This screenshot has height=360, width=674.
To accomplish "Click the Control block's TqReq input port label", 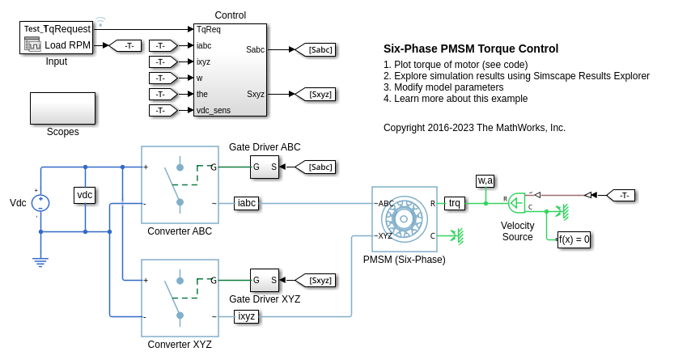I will [x=209, y=29].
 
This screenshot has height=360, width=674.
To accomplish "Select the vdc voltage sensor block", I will [x=84, y=195].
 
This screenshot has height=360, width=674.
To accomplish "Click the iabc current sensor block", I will [x=246, y=203].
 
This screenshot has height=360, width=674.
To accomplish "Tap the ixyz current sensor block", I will [x=246, y=316].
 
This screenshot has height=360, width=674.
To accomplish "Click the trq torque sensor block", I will [x=456, y=203].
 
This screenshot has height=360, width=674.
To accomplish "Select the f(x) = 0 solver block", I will [x=574, y=239].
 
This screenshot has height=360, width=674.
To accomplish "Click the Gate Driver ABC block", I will [x=265, y=167].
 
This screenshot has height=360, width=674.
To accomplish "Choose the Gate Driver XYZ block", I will [x=265, y=281].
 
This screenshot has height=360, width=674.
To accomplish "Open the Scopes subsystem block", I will [x=62, y=108].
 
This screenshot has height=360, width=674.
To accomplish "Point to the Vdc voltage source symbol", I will [x=41, y=202].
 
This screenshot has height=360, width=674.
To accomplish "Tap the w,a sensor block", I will [x=485, y=180].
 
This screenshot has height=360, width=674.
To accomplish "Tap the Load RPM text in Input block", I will [x=68, y=44].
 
